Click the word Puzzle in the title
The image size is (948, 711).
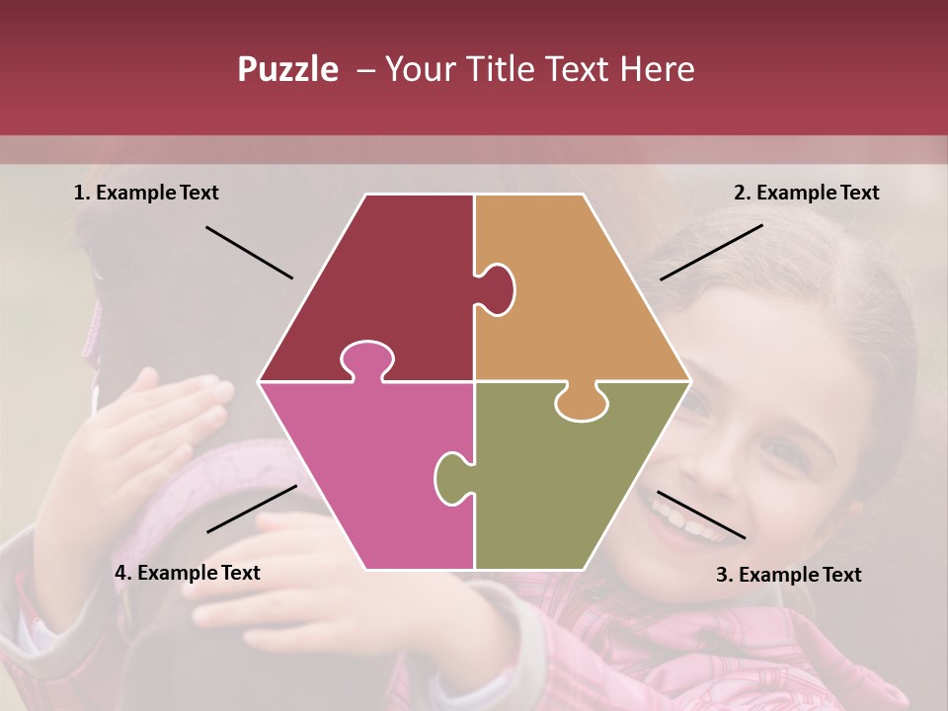pyautogui.click(x=287, y=69)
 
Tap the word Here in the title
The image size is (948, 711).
pyautogui.click(x=657, y=69)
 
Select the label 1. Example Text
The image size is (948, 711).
pyautogui.click(x=146, y=194)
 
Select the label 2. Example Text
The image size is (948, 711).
pyautogui.click(x=806, y=194)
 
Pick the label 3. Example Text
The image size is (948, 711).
pyautogui.click(x=788, y=575)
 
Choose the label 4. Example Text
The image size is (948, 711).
pyautogui.click(x=188, y=573)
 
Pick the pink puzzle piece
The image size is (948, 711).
pyautogui.click(x=365, y=474)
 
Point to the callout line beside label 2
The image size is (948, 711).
pyautogui.click(x=711, y=252)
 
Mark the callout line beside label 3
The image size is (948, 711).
pyautogui.click(x=701, y=514)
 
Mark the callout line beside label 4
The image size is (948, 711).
pyautogui.click(x=252, y=509)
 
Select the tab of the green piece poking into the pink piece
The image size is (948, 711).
pyautogui.click(x=451, y=476)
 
